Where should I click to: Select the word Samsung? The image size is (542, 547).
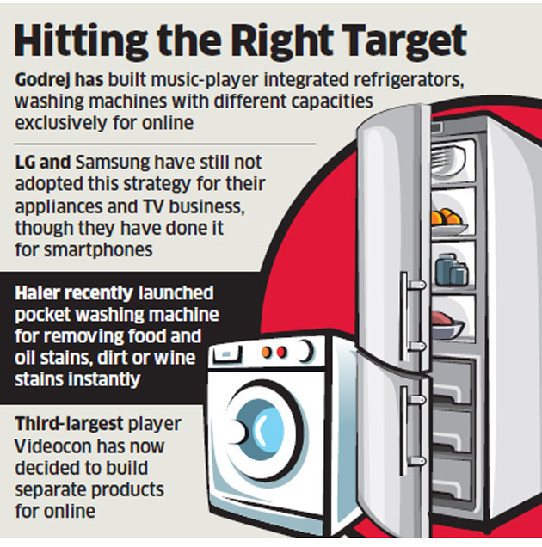(113, 163)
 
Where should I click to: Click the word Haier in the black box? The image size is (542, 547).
(35, 293)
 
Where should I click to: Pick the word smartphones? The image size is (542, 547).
(98, 250)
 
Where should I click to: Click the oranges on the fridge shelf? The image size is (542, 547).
(447, 217)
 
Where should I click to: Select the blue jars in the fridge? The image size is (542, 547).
(452, 270)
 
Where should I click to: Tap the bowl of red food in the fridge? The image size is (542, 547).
(447, 325)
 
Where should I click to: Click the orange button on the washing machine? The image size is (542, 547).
(267, 353)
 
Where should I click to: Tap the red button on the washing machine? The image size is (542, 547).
(281, 352)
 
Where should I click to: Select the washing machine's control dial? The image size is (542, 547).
(305, 351)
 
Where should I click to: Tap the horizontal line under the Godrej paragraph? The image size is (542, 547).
(165, 144)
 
